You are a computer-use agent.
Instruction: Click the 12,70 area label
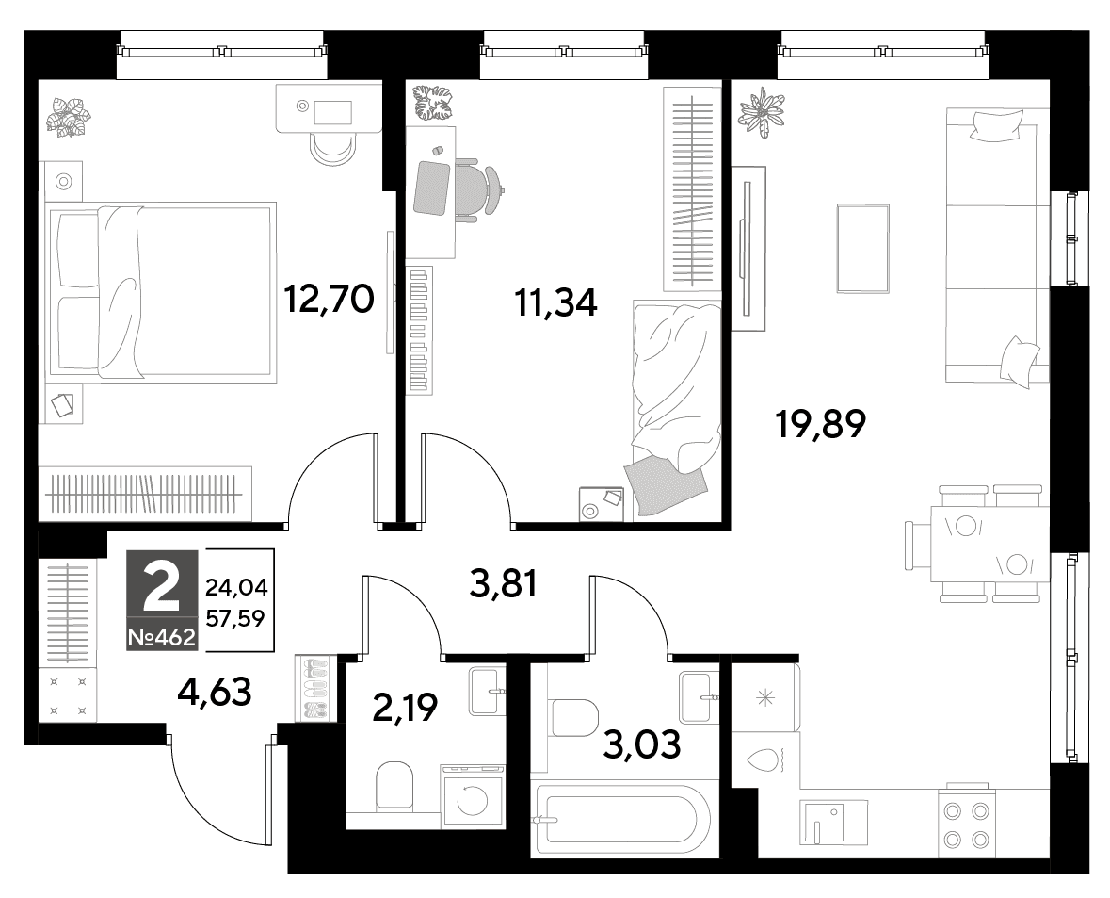click(x=329, y=299)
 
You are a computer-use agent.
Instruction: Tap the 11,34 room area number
click(x=555, y=302)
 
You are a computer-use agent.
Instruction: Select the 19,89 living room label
click(x=820, y=424)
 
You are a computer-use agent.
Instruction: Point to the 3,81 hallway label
click(x=504, y=585)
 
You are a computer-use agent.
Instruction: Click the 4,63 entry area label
click(x=215, y=692)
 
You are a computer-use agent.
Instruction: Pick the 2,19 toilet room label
click(x=405, y=707)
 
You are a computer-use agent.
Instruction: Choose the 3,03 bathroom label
click(x=642, y=744)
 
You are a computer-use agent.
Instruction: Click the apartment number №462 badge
click(x=161, y=638)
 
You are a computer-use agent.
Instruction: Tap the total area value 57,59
click(x=235, y=619)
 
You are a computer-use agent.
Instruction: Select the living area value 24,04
click(x=235, y=587)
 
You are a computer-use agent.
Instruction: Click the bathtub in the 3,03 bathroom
click(x=620, y=820)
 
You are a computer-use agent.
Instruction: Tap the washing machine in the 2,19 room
click(x=473, y=796)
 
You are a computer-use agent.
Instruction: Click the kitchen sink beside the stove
click(x=833, y=823)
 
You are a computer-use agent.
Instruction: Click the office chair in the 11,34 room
click(x=481, y=191)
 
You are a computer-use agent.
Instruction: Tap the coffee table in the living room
click(x=863, y=248)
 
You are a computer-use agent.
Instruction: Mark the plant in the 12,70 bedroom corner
click(x=69, y=116)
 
